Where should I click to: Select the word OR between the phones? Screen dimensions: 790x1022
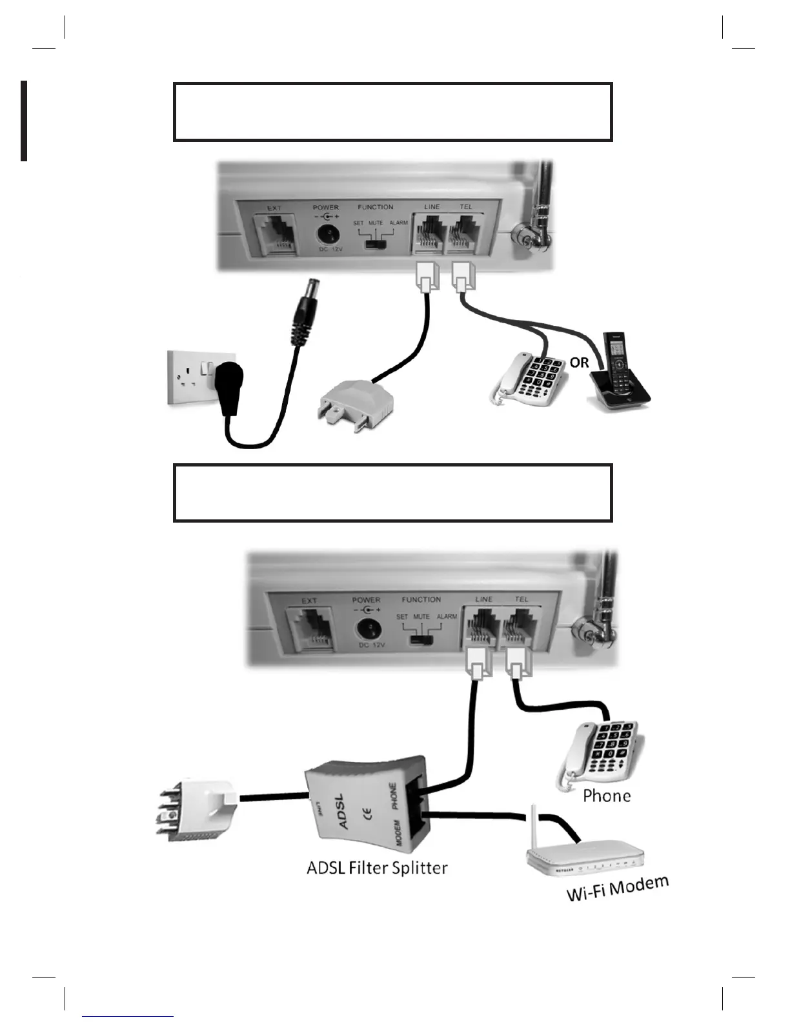coord(579,363)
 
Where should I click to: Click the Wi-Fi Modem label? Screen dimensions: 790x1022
coord(617,888)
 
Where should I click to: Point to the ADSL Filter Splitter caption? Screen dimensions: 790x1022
coord(377,867)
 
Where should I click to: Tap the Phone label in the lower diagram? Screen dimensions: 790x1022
coord(607,796)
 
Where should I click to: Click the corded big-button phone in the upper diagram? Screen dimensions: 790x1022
coord(531,379)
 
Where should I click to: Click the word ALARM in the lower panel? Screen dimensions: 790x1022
coord(447,617)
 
